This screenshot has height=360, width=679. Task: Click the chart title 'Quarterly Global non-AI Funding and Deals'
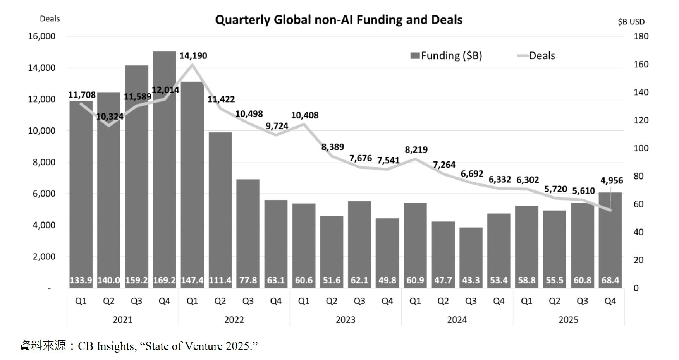click(339, 20)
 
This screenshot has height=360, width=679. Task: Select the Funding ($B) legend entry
click(446, 56)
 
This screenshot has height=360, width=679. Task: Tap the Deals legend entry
click(536, 56)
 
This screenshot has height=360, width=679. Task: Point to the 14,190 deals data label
click(193, 56)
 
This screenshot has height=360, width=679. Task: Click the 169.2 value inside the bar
click(164, 280)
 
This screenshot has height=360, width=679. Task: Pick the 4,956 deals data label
click(612, 180)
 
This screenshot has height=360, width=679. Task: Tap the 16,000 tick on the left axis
click(42, 36)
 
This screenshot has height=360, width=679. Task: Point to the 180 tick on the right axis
click(641, 36)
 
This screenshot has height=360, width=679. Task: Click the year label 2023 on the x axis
click(346, 320)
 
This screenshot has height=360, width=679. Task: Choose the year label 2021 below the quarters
click(122, 320)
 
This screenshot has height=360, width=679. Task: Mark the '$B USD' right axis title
click(631, 22)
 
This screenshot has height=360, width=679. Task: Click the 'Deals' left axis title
click(50, 19)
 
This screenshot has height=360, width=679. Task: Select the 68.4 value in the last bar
click(610, 280)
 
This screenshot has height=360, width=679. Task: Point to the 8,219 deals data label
click(416, 150)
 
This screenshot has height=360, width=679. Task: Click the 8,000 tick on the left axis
click(44, 162)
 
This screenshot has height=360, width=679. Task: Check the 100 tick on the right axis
click(641, 148)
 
